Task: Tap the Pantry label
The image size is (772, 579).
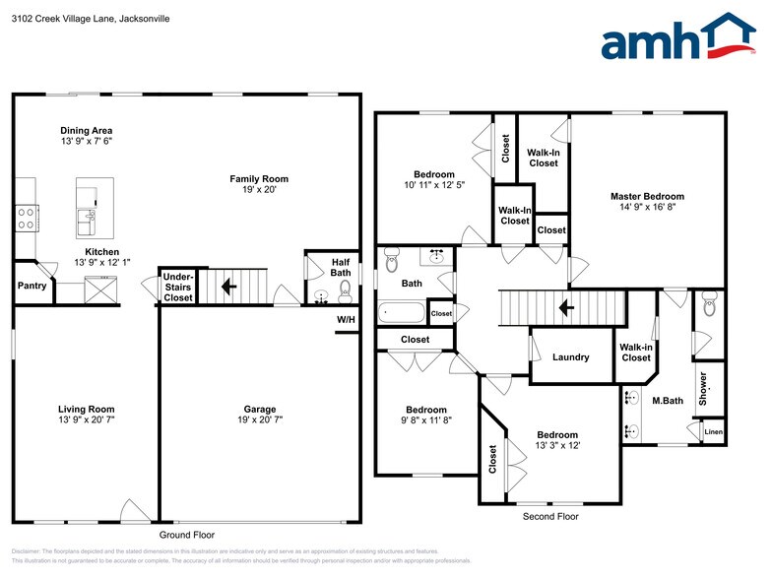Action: click(x=32, y=286)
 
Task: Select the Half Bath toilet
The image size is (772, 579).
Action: click(x=345, y=289)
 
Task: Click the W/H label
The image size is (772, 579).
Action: click(x=347, y=320)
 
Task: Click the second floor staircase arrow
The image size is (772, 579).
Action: click(x=567, y=307)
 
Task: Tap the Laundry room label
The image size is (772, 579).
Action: click(x=571, y=357)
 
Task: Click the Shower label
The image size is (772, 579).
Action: click(x=703, y=389)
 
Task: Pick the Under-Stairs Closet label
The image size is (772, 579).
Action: click(x=178, y=288)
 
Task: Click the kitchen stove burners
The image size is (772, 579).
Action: click(x=26, y=218)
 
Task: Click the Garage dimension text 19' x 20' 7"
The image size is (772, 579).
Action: click(x=260, y=421)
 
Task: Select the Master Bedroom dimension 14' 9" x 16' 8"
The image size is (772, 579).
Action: click(x=646, y=208)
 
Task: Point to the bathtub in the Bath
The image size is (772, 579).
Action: click(x=404, y=313)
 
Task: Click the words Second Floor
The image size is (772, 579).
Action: click(x=550, y=516)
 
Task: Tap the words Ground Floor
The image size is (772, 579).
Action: click(x=186, y=535)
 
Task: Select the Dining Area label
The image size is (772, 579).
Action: click(x=87, y=130)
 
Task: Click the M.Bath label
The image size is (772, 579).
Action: click(x=668, y=400)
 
